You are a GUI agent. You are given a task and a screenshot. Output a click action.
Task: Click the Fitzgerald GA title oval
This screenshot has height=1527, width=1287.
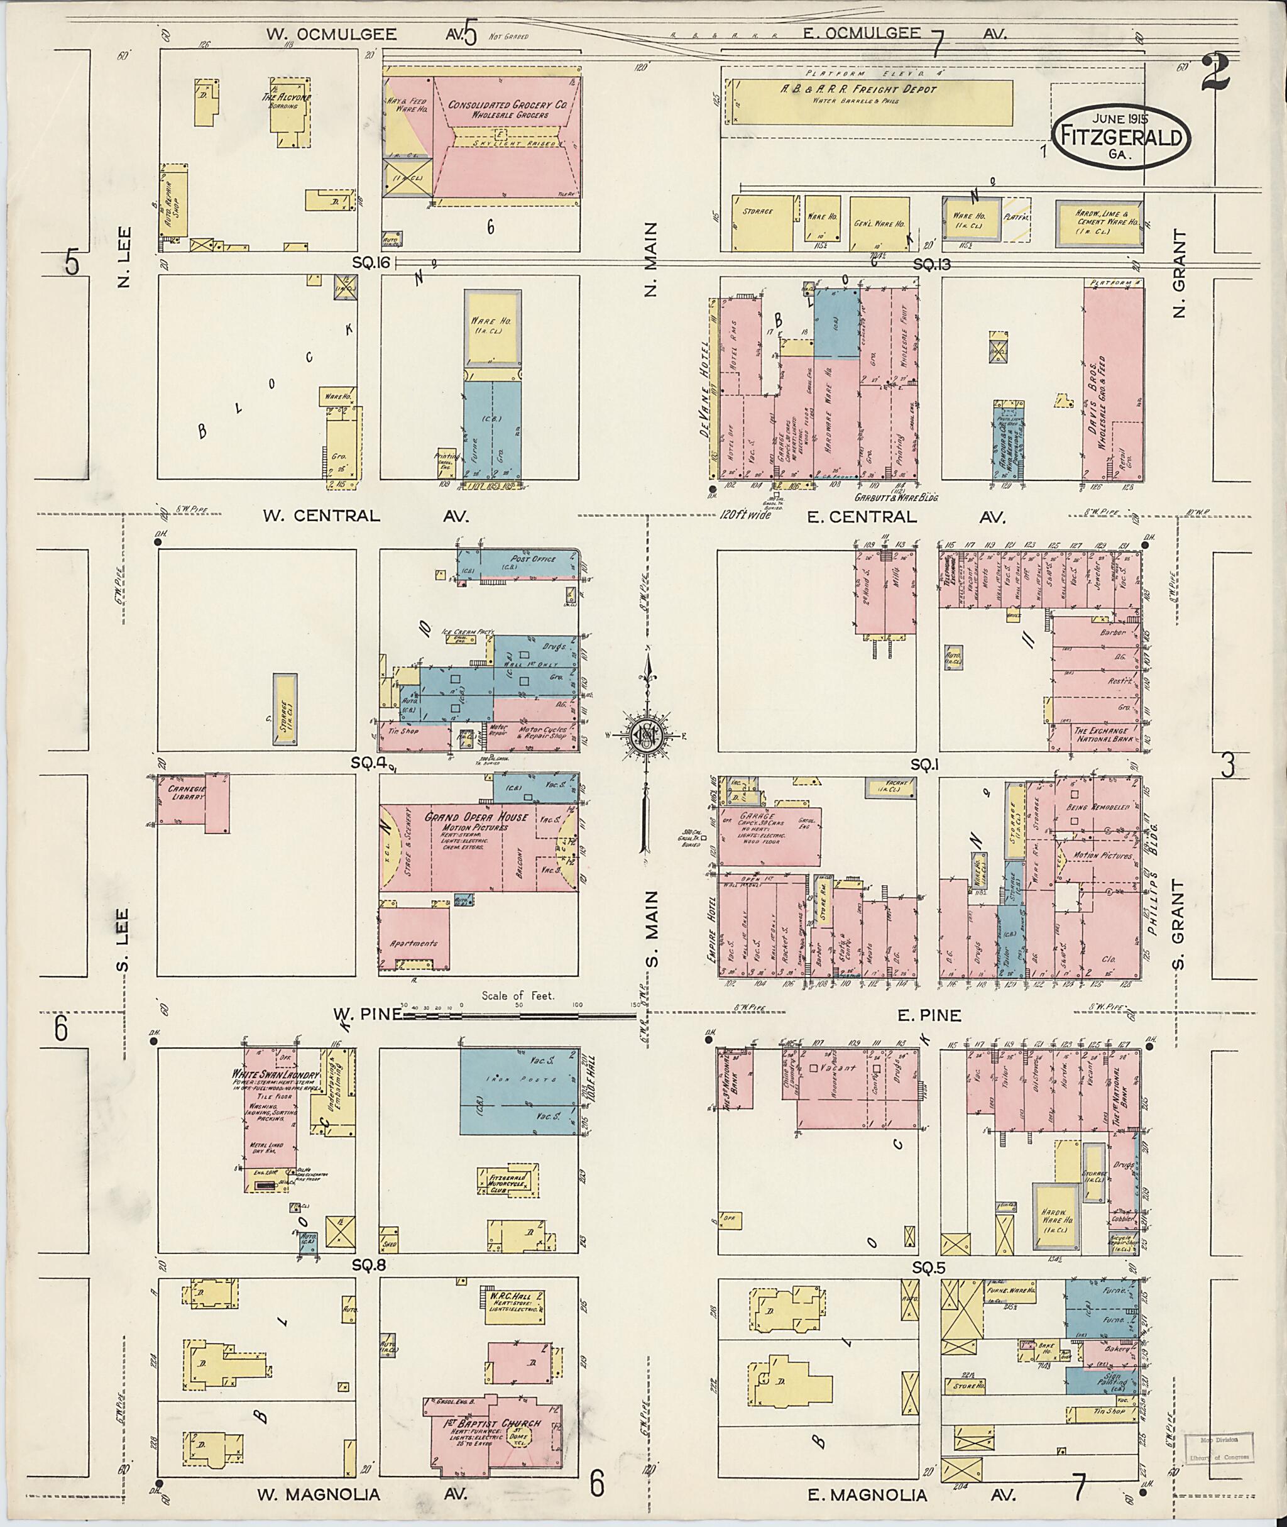click(x=1120, y=136)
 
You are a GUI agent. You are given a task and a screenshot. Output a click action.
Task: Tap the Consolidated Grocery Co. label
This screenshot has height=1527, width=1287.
click(x=508, y=109)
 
